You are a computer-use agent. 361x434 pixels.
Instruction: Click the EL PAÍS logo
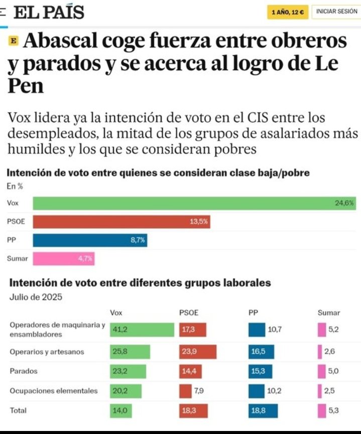point(49,12)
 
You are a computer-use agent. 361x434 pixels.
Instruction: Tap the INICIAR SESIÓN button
point(336,12)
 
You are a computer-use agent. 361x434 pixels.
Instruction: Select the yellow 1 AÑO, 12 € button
point(288,12)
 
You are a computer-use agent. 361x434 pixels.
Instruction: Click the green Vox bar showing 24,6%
point(194,203)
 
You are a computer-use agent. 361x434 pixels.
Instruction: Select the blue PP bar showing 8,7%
point(90,240)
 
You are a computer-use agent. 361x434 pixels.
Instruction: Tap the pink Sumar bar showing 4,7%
point(64,259)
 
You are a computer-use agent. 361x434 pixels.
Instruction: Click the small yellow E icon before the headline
point(13,41)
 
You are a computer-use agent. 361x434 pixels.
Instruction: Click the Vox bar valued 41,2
point(142,330)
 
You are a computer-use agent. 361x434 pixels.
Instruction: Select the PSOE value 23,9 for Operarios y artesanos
point(197,352)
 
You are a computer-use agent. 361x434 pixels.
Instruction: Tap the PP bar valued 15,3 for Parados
point(261,371)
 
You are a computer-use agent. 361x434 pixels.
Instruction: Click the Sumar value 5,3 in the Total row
point(334,410)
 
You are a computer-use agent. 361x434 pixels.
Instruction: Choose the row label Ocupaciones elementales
point(54,391)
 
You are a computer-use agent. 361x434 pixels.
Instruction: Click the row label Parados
point(24,371)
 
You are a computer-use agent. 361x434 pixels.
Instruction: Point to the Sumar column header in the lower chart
point(328,313)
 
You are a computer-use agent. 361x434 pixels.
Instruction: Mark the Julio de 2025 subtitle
point(36,297)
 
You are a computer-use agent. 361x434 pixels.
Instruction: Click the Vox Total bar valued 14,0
point(121,410)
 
